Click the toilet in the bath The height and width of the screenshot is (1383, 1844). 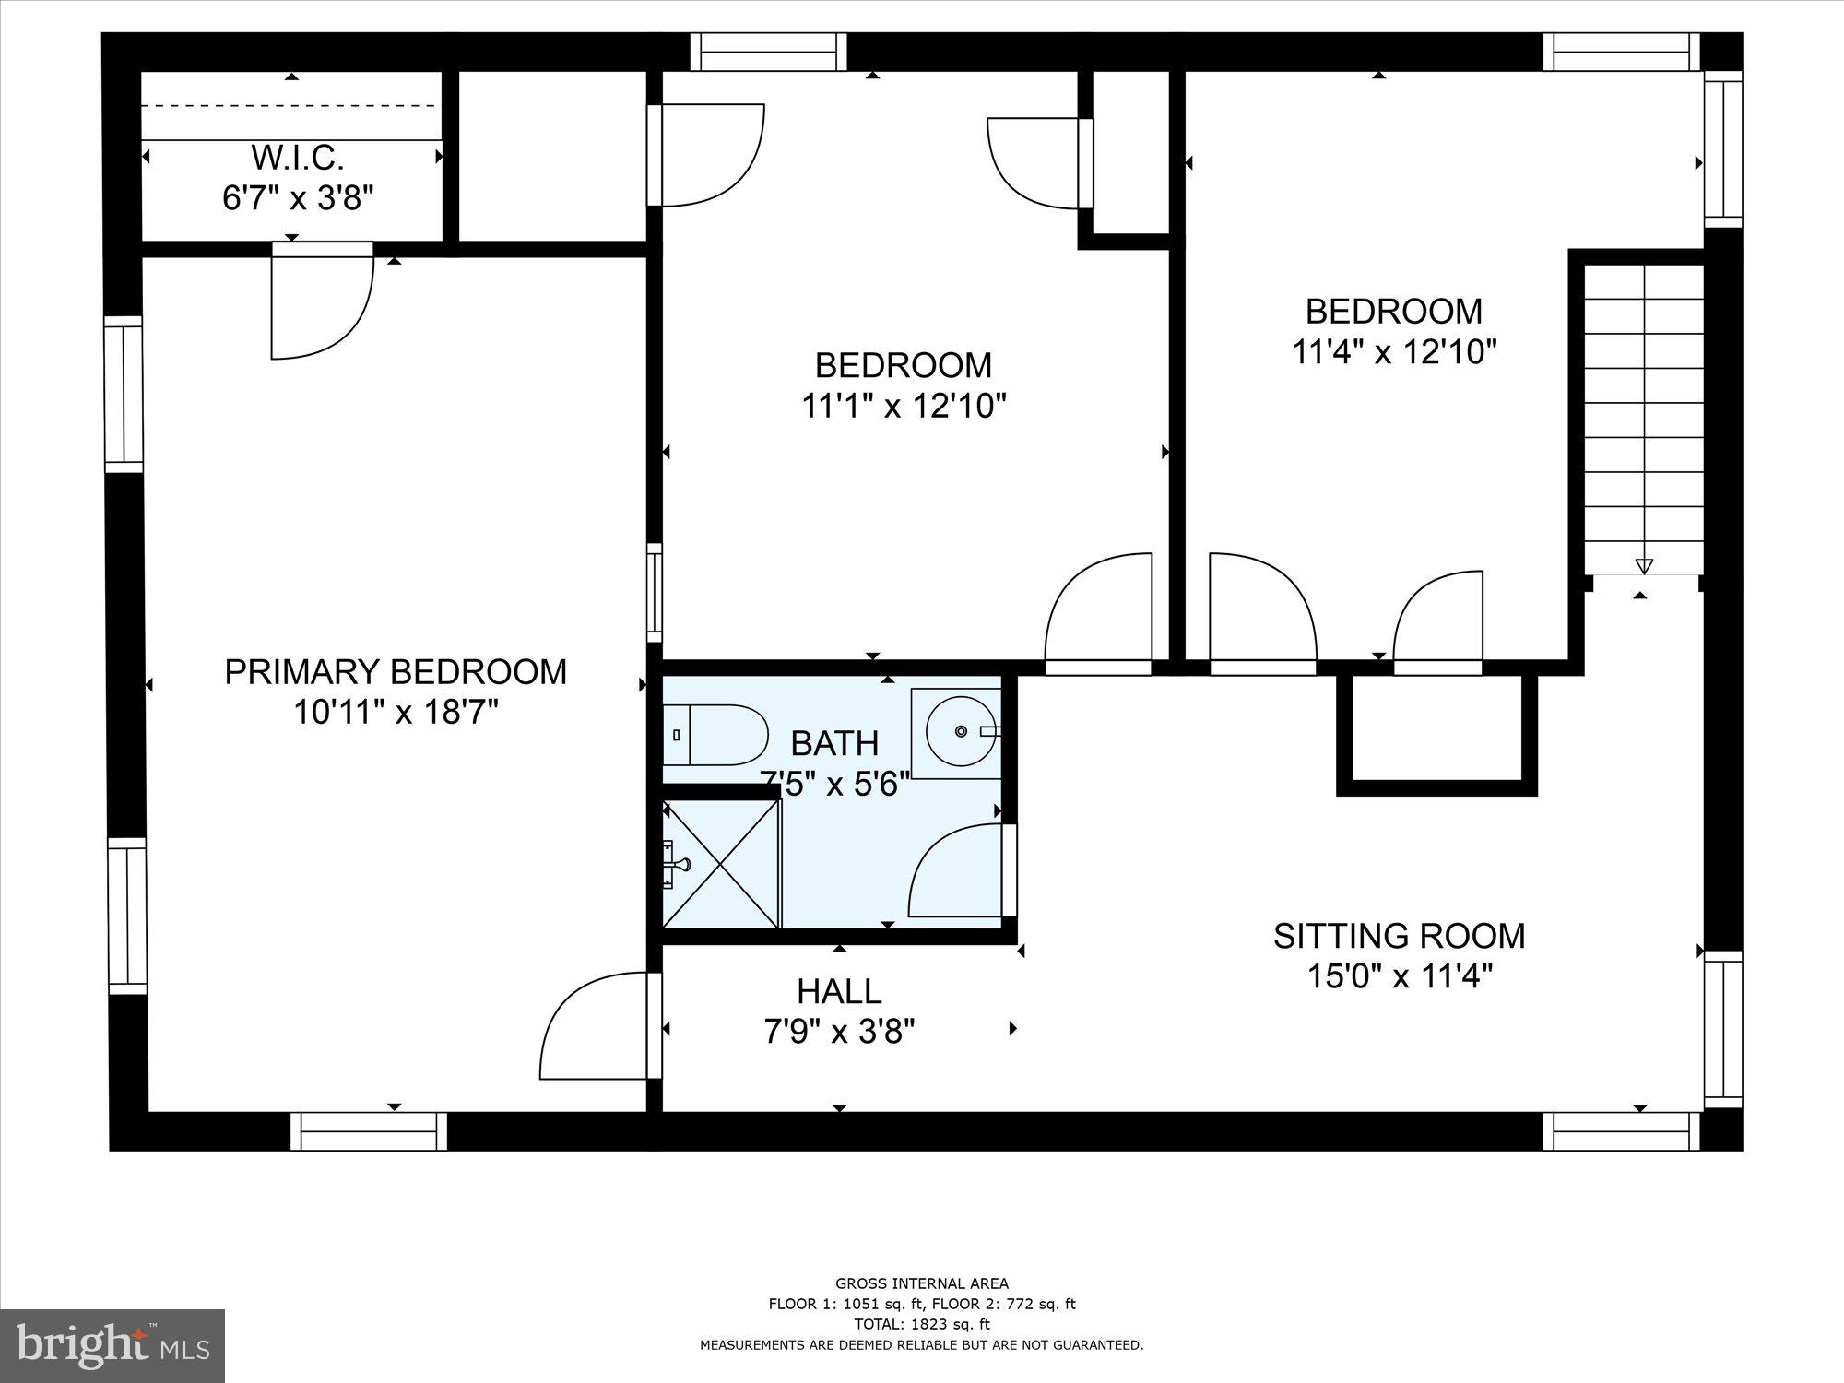[717, 735]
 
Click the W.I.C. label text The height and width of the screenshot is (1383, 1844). [298, 158]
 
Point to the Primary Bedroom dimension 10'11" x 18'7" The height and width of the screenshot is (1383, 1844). [396, 712]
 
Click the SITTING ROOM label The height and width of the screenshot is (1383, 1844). [1399, 936]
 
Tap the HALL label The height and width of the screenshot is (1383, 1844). [839, 991]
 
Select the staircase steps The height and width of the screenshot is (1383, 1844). [1643, 415]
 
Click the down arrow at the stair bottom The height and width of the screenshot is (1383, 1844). [1643, 566]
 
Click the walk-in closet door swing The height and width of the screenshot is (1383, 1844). [323, 304]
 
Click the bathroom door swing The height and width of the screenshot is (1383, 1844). [959, 871]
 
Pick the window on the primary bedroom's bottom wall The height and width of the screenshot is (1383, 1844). [369, 1131]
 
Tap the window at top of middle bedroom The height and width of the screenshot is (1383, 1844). [768, 52]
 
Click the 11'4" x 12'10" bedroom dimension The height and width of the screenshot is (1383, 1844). [1393, 352]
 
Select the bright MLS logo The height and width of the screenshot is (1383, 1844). [112, 1347]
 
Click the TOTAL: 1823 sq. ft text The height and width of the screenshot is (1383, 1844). [922, 1324]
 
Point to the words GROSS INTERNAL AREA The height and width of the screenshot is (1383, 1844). [922, 1283]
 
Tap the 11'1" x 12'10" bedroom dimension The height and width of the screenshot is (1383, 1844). [903, 406]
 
